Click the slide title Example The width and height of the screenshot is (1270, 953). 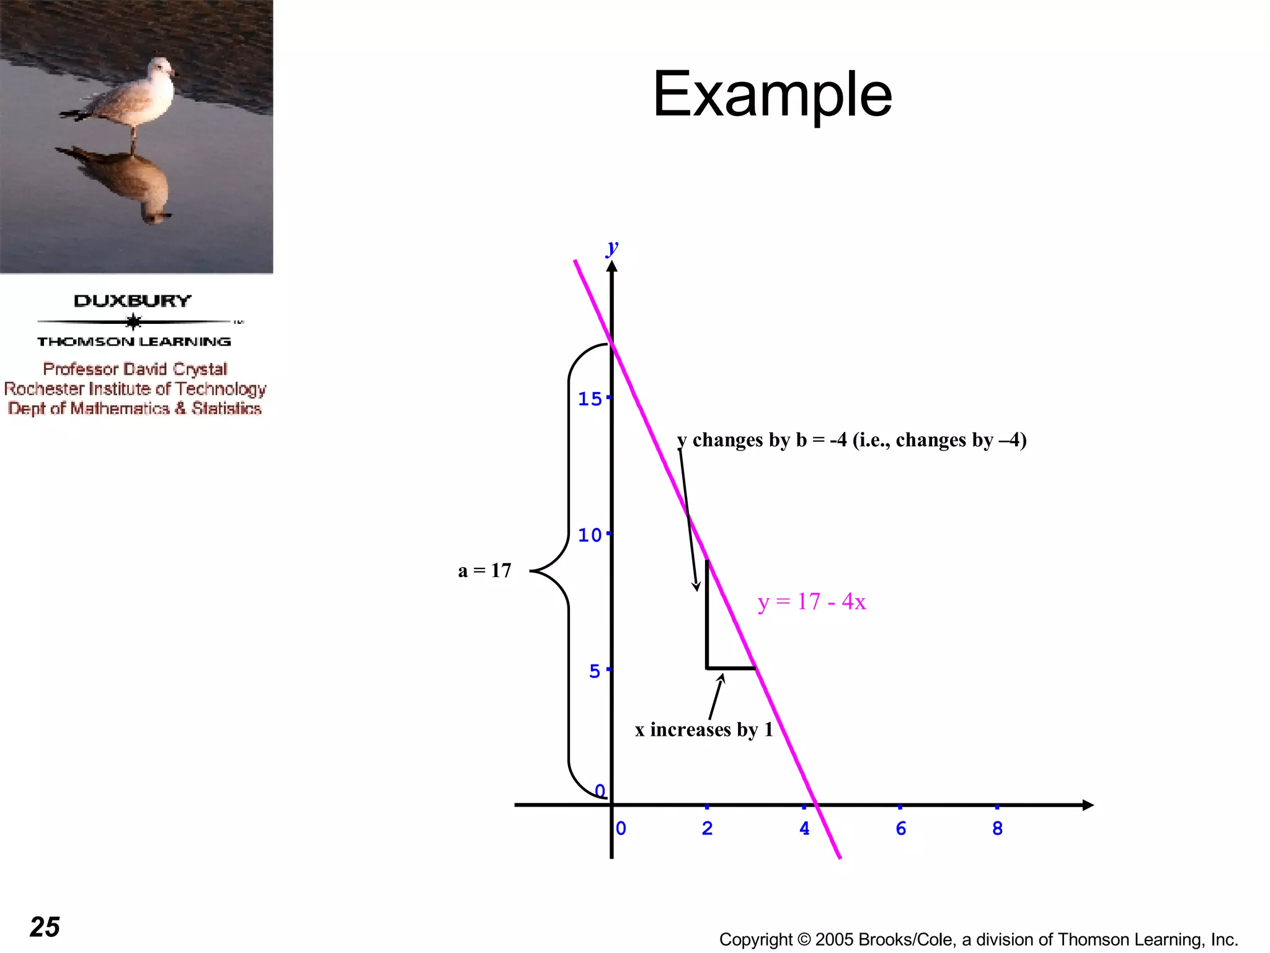point(772,94)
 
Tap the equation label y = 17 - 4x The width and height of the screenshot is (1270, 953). point(811,602)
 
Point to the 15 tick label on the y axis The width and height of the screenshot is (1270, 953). point(590,399)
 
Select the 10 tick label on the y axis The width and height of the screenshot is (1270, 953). point(590,535)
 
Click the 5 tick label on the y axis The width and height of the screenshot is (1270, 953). point(595,671)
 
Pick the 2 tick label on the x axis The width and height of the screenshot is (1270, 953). point(707,828)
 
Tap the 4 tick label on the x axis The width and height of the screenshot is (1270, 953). point(804,828)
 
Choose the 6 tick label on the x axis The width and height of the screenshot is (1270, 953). point(901,828)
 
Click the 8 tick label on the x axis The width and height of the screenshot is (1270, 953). point(997,828)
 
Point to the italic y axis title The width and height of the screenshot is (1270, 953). point(613,247)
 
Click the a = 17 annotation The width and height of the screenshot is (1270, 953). point(484,570)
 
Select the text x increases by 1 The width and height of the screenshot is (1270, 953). point(704,730)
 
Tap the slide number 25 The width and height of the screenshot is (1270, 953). point(45,927)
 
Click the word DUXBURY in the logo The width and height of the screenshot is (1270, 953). point(133,301)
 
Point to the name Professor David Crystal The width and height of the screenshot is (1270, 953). point(135,369)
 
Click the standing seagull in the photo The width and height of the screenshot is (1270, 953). point(133,96)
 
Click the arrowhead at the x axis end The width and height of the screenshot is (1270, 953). point(1088,805)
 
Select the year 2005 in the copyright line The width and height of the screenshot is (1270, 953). point(834,939)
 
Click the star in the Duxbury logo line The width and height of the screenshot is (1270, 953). point(133,321)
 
